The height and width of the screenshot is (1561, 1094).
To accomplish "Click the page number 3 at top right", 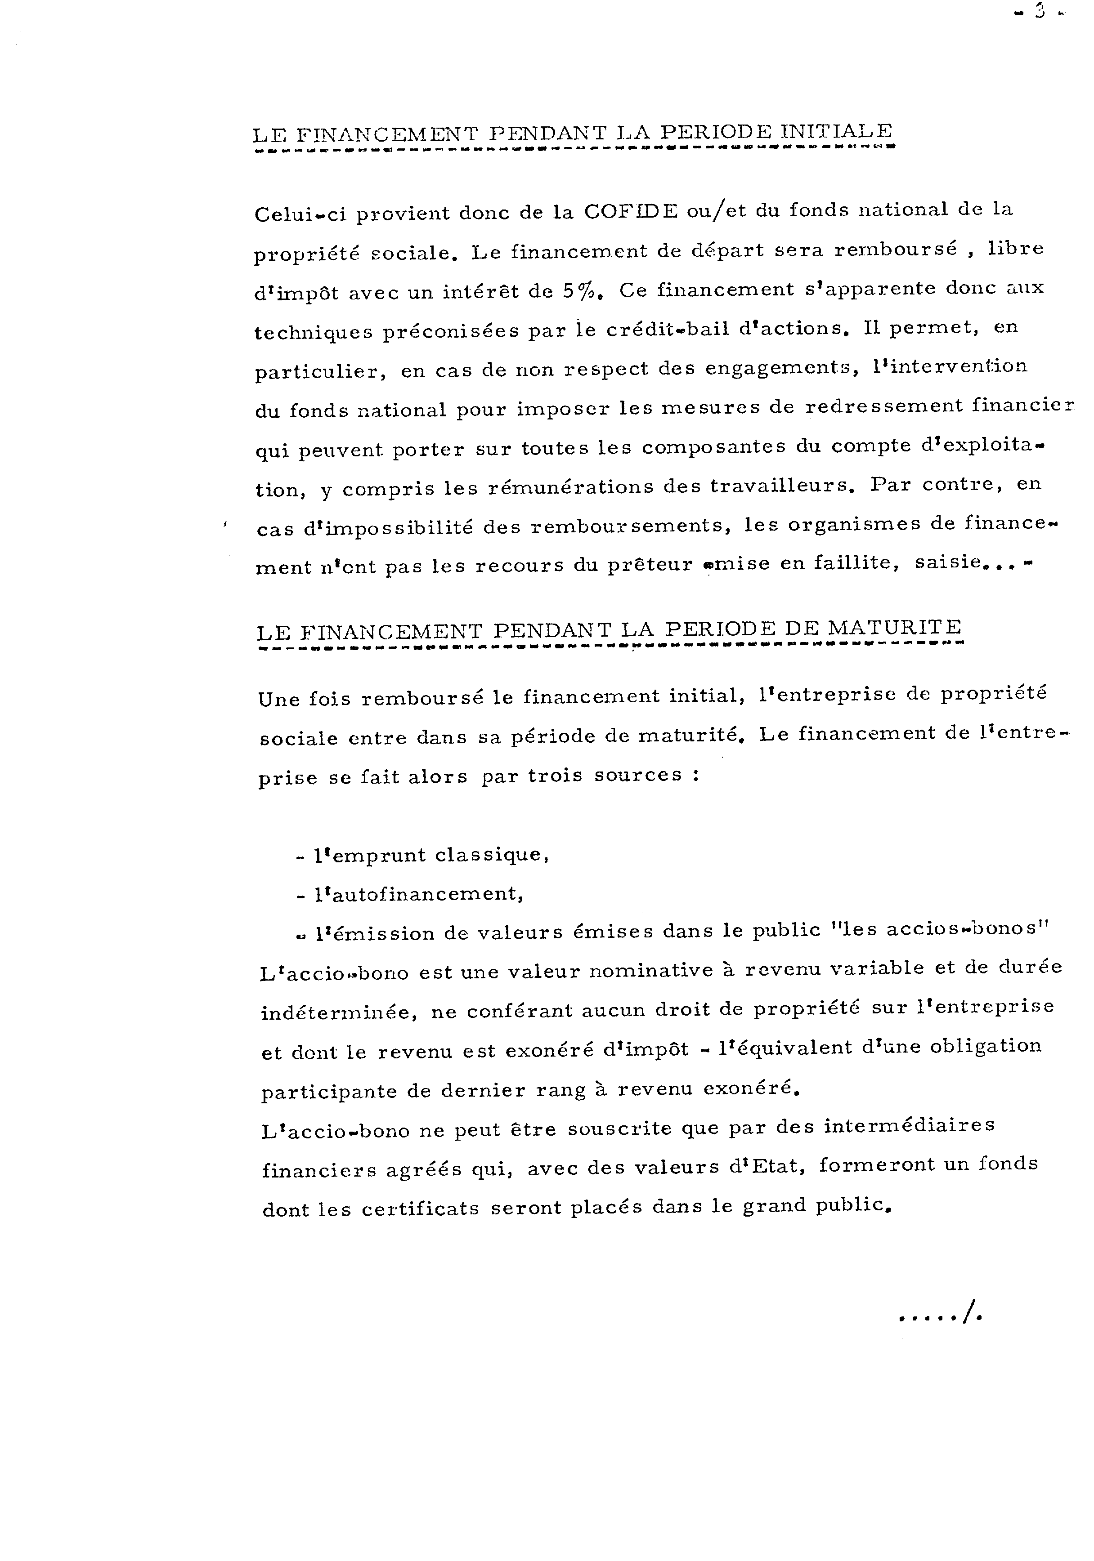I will point(1039,12).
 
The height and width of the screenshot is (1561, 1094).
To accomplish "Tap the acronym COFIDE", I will point(631,211).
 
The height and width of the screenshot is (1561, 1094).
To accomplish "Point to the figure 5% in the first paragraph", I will point(579,291).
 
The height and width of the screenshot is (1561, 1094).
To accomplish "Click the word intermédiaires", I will point(909,1126).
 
